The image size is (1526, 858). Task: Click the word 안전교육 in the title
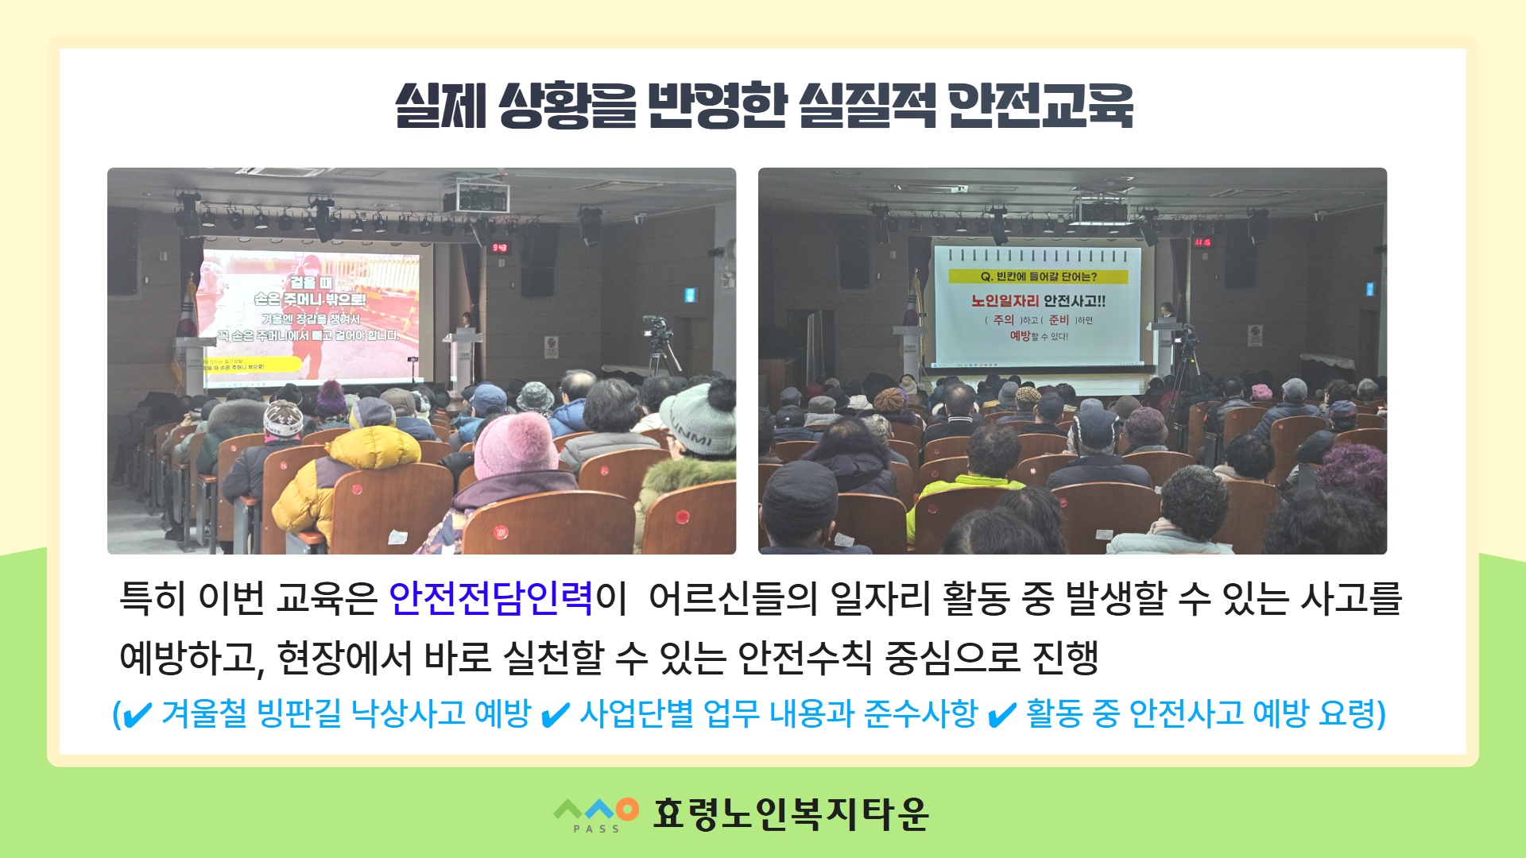point(1041,106)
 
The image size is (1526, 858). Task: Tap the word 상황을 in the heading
point(567,106)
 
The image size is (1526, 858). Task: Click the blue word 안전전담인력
point(490,598)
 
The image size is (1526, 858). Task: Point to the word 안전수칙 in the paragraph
point(804,658)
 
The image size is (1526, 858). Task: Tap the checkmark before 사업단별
point(555,715)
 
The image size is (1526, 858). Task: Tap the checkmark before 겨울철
point(137,715)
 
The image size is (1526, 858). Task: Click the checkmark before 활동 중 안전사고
point(1001,715)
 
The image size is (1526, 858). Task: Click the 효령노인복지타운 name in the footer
point(790,814)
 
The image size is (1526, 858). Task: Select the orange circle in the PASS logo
point(627,809)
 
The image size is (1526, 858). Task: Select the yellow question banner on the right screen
point(1038,276)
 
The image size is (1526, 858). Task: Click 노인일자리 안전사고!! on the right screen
point(1038,300)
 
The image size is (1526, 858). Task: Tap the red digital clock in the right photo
point(1202,242)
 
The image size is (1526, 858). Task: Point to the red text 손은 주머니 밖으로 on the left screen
point(310,299)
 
